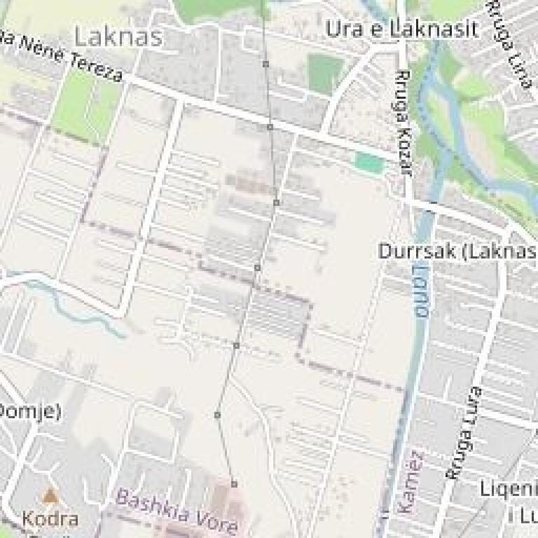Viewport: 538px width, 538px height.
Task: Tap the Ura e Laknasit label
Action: pyautogui.click(x=403, y=29)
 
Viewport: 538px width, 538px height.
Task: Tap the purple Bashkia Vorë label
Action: pyautogui.click(x=177, y=511)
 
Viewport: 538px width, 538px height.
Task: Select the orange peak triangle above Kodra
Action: pyautogui.click(x=49, y=496)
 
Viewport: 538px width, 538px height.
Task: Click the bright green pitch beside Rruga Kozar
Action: pyautogui.click(x=369, y=163)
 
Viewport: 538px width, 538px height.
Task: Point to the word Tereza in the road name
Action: pyautogui.click(x=98, y=67)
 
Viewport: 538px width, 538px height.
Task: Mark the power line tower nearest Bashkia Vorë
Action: pyautogui.click(x=234, y=484)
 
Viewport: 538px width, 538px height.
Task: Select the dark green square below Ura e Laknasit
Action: pyautogui.click(x=326, y=73)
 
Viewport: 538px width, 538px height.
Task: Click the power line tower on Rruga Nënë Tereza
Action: pyautogui.click(x=270, y=127)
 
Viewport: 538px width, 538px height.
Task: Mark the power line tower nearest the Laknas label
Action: pyautogui.click(x=265, y=64)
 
